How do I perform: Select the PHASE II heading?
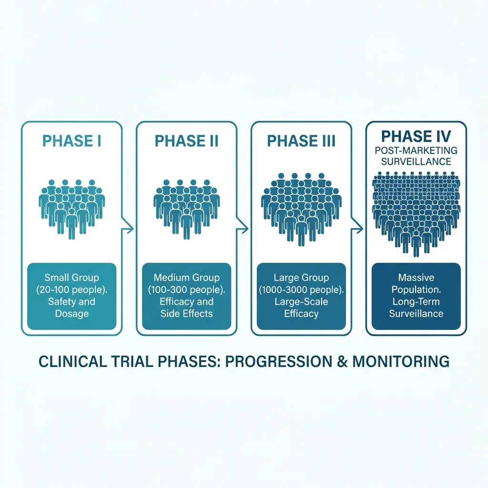pyautogui.click(x=186, y=141)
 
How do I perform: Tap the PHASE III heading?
pyautogui.click(x=301, y=141)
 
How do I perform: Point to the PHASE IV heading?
pyautogui.click(x=416, y=137)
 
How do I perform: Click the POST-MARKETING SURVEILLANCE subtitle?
pyautogui.click(x=416, y=156)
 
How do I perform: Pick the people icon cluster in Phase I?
pyautogui.click(x=71, y=207)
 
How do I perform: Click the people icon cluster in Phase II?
pyautogui.click(x=186, y=207)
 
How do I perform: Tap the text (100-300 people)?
pyautogui.click(x=186, y=289)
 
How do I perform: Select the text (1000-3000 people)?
pyautogui.click(x=301, y=289)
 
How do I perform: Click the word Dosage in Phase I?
pyautogui.click(x=71, y=314)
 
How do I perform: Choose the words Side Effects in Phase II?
pyautogui.click(x=186, y=314)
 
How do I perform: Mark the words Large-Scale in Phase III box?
pyautogui.click(x=301, y=301)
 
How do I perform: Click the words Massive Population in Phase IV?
pyautogui.click(x=416, y=284)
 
